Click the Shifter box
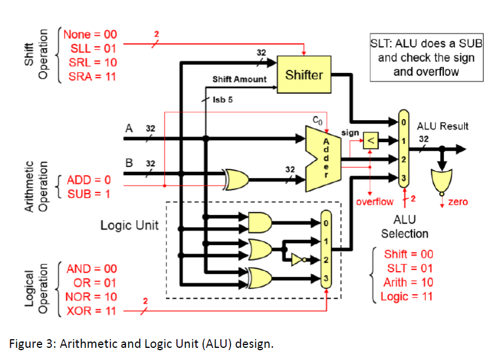304,75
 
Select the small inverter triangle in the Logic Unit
296,260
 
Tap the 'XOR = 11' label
91,311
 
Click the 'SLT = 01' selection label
409,268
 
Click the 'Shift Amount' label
239,79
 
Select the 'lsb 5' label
222,99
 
